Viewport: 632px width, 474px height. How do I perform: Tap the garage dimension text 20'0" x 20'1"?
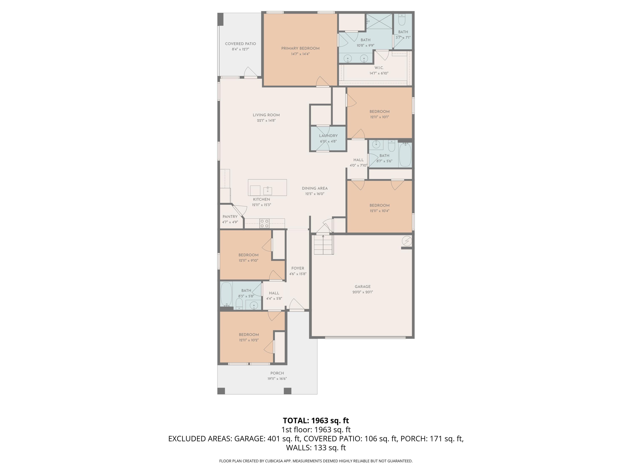(x=363, y=292)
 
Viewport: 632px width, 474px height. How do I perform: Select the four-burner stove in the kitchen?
(x=264, y=224)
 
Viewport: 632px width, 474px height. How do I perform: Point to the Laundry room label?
(x=328, y=136)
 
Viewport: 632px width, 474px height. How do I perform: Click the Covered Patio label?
(x=240, y=44)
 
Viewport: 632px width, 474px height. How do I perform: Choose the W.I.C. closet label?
(x=379, y=68)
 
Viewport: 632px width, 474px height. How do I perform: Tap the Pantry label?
(x=230, y=217)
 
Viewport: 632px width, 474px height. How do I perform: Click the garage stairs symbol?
(x=324, y=245)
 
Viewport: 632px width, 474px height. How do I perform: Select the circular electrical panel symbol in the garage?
(x=407, y=241)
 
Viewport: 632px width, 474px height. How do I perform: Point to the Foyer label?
(x=298, y=268)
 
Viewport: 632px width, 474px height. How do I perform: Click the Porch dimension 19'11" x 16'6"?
(x=277, y=379)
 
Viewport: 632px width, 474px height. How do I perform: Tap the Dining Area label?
(x=315, y=188)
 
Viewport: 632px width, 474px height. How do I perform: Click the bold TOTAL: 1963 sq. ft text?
(x=316, y=420)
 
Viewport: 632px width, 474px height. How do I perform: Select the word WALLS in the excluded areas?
(x=299, y=447)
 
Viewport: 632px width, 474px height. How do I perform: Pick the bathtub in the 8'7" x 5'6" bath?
(x=405, y=155)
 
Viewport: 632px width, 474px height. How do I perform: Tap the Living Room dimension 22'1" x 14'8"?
(x=266, y=121)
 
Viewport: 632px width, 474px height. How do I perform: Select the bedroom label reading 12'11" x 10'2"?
(x=249, y=340)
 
